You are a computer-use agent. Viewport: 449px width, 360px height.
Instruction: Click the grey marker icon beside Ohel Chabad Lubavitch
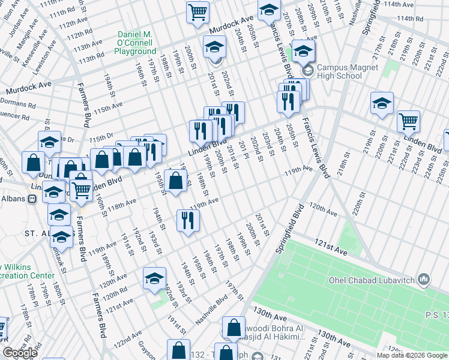[x=424, y=279]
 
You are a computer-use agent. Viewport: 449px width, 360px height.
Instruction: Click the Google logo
[x=20, y=353]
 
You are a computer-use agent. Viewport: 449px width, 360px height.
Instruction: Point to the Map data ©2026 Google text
[x=412, y=355]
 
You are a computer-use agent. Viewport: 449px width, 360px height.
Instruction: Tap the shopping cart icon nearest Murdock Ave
[x=197, y=12]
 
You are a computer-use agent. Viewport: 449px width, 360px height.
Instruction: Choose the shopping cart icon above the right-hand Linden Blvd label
[x=408, y=121]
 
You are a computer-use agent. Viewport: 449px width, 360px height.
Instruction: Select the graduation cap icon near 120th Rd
[x=154, y=278]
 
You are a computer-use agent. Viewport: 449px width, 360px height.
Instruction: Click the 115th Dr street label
[x=101, y=137]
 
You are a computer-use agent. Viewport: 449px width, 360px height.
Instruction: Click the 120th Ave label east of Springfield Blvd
[x=323, y=208]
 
